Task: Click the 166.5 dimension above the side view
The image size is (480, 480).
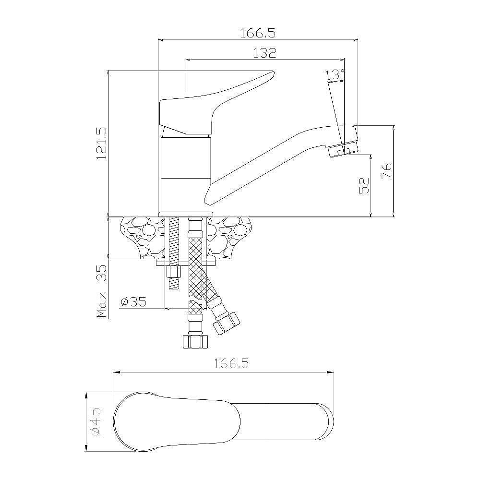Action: pyautogui.click(x=258, y=33)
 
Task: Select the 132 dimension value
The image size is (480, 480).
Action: pyautogui.click(x=265, y=53)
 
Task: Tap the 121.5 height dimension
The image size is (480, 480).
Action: pyautogui.click(x=101, y=144)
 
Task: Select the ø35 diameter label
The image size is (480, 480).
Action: pyautogui.click(x=134, y=302)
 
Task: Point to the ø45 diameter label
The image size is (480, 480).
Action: pyautogui.click(x=96, y=422)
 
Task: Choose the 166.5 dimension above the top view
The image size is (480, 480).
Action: pyautogui.click(x=231, y=363)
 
